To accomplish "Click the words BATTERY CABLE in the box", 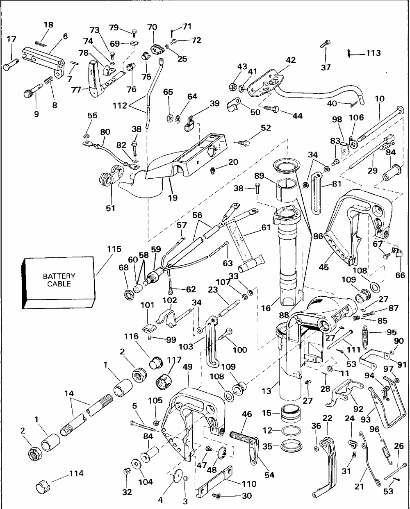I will (x=59, y=280).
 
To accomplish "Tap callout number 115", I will (x=114, y=249).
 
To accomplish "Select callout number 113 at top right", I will (x=373, y=53).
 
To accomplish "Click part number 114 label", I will (x=76, y=473).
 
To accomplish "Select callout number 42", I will (x=290, y=59).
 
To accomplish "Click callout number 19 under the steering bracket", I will (x=173, y=198).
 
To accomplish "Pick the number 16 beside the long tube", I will (x=266, y=308).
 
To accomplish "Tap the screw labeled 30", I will (x=216, y=496).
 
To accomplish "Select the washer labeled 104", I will (x=134, y=464).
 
